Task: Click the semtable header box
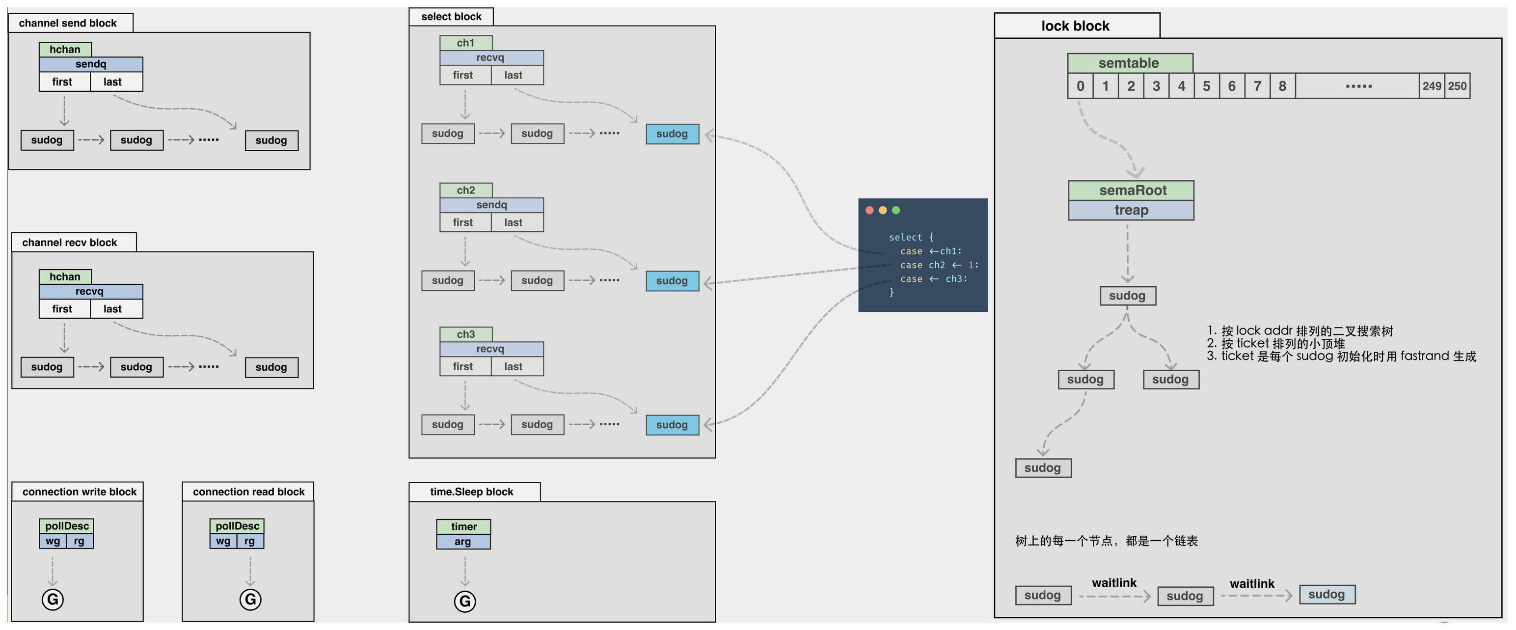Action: click(x=1130, y=63)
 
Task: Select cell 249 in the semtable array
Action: click(x=1432, y=86)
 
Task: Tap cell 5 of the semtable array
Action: click(x=1206, y=86)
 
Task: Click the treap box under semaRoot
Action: click(x=1131, y=210)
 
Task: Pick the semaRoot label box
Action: click(x=1131, y=190)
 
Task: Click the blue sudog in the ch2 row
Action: click(x=672, y=281)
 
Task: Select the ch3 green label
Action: click(x=465, y=334)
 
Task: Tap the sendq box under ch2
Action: click(x=491, y=205)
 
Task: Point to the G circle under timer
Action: click(x=465, y=601)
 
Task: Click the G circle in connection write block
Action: click(x=53, y=600)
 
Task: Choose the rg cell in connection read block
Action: click(x=250, y=541)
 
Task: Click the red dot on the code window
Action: click(x=869, y=210)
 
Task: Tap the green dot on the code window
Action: click(x=896, y=210)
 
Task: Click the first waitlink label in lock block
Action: click(x=1114, y=583)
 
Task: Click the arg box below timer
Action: click(x=463, y=542)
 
